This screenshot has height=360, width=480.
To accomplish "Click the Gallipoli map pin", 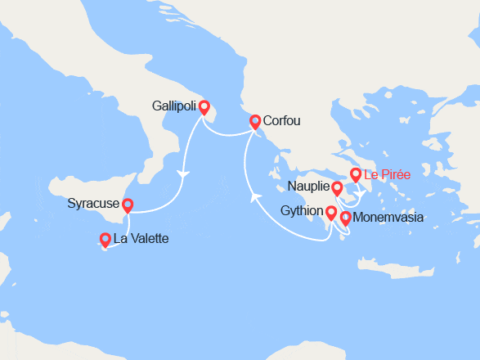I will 204,107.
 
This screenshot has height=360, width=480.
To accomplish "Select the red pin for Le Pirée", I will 355,175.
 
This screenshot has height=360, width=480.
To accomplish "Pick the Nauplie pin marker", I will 337,189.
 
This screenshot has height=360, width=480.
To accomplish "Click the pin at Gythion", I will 330,214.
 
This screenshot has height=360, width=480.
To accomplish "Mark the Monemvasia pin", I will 345,218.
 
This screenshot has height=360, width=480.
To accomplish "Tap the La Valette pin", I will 105,240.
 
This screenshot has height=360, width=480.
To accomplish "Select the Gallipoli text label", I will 173,106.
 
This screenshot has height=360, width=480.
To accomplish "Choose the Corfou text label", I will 282,121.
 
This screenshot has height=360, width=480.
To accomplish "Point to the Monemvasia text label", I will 388,218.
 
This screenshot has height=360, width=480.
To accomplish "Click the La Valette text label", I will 141,240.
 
